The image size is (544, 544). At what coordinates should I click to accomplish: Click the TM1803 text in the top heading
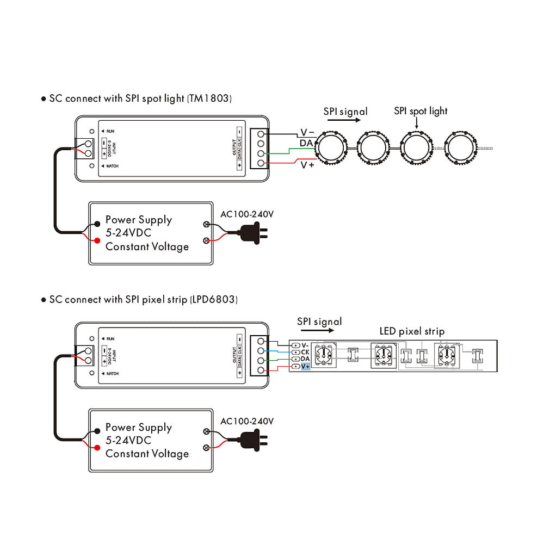pos(210,99)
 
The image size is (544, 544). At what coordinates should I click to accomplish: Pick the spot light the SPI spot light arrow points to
pos(416,147)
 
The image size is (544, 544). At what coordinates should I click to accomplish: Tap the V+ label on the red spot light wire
pos(307,165)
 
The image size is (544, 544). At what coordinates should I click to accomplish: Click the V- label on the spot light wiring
pos(308,132)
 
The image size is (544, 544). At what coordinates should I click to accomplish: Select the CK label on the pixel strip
pos(305,352)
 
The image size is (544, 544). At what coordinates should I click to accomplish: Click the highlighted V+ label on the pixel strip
pos(305,367)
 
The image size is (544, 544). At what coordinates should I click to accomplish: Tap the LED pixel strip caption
pos(412,331)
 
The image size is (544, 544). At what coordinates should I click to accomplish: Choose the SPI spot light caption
pos(421,111)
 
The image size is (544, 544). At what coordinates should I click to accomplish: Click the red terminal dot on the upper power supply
pos(97,240)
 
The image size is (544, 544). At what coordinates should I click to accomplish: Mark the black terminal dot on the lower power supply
pos(97,430)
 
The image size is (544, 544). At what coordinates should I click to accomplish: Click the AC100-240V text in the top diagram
pos(246,214)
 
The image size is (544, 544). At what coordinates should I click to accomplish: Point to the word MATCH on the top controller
pos(112,166)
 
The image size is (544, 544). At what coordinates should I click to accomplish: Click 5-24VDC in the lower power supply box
pos(128,441)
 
